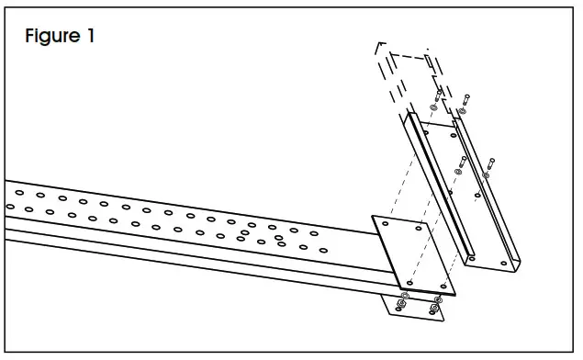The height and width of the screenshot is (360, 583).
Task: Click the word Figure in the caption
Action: coord(54,38)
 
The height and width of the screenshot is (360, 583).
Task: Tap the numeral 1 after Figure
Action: coord(89,38)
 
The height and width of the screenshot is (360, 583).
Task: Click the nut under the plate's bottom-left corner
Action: coord(401,303)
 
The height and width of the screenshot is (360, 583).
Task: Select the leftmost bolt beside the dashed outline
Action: coord(438,96)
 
